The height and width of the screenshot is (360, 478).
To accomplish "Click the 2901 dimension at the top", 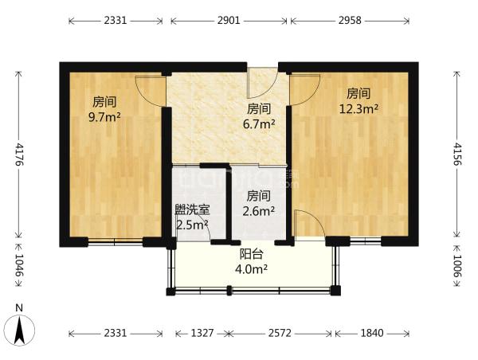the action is (229, 21).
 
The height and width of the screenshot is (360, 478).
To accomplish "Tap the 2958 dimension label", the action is (350, 21).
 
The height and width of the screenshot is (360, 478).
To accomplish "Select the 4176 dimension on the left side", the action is (19, 155).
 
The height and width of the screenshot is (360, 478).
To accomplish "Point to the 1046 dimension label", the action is (19, 265).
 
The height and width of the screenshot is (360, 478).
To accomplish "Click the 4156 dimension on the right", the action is (457, 154).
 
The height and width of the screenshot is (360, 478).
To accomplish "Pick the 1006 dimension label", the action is (457, 266).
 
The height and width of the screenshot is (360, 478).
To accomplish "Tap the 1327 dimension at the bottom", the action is (202, 333).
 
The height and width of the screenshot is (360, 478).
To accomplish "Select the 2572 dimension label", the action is (280, 333).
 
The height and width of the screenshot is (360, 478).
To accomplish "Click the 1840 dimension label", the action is (372, 333).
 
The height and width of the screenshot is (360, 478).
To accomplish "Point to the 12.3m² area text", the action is (358, 108).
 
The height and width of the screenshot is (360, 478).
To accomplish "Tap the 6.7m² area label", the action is (259, 123).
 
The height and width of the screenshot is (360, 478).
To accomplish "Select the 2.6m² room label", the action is (258, 210).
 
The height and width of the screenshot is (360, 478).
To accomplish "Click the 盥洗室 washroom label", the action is (192, 209).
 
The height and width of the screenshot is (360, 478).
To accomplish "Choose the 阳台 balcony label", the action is (252, 254).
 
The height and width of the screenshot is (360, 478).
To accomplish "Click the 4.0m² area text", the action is (252, 269).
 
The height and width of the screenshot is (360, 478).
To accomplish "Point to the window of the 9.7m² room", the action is (116, 242).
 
